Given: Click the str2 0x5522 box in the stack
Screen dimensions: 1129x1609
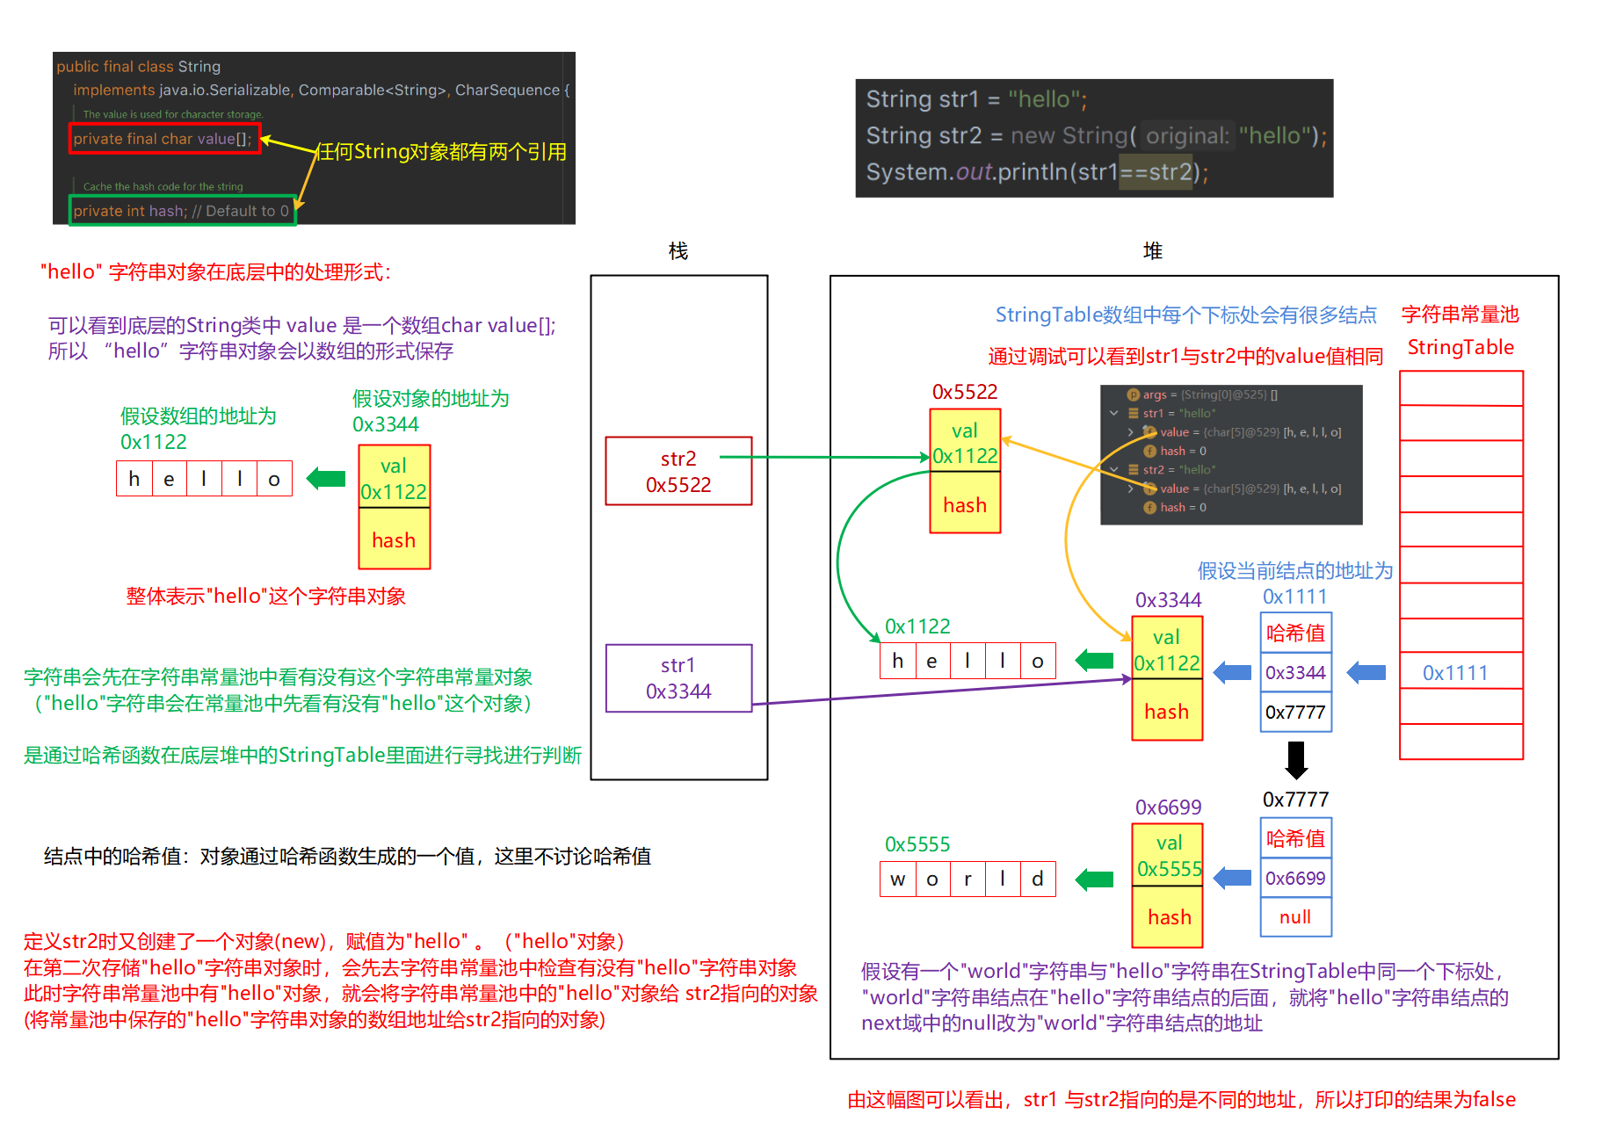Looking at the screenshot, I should pos(678,471).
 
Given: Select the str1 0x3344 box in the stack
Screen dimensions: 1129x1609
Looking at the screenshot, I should pos(678,677).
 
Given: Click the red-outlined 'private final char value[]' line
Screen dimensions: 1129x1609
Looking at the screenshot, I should pos(164,139).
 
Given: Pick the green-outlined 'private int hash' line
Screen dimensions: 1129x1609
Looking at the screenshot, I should pos(182,211).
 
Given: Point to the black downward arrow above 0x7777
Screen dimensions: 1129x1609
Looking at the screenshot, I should pos(1295,760).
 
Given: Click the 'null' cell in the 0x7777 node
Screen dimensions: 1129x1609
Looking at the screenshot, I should pos(1295,917).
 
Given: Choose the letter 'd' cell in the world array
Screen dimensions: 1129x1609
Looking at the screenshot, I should pos(1038,879).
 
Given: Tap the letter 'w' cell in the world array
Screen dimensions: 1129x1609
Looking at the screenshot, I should pos(897,879).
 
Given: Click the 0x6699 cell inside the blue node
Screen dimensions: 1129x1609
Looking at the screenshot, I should pos(1295,878).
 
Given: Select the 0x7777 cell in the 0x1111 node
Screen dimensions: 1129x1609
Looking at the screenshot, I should pos(1295,712).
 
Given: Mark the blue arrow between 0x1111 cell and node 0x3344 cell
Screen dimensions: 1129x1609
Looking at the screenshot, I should pos(1366,673).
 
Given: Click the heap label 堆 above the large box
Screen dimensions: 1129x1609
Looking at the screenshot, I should pos(1152,251).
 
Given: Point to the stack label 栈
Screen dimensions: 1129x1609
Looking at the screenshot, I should pos(678,251).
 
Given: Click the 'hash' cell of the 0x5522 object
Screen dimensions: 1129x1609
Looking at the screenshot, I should pos(965,504).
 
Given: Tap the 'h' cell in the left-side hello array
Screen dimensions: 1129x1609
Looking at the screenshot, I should pos(134,479).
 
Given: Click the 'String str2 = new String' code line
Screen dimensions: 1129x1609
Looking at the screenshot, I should pos(1095,136).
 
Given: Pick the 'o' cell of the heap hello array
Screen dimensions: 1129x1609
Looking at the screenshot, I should pos(1038,661).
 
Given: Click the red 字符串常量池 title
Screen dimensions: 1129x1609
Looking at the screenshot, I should pos(1460,315).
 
